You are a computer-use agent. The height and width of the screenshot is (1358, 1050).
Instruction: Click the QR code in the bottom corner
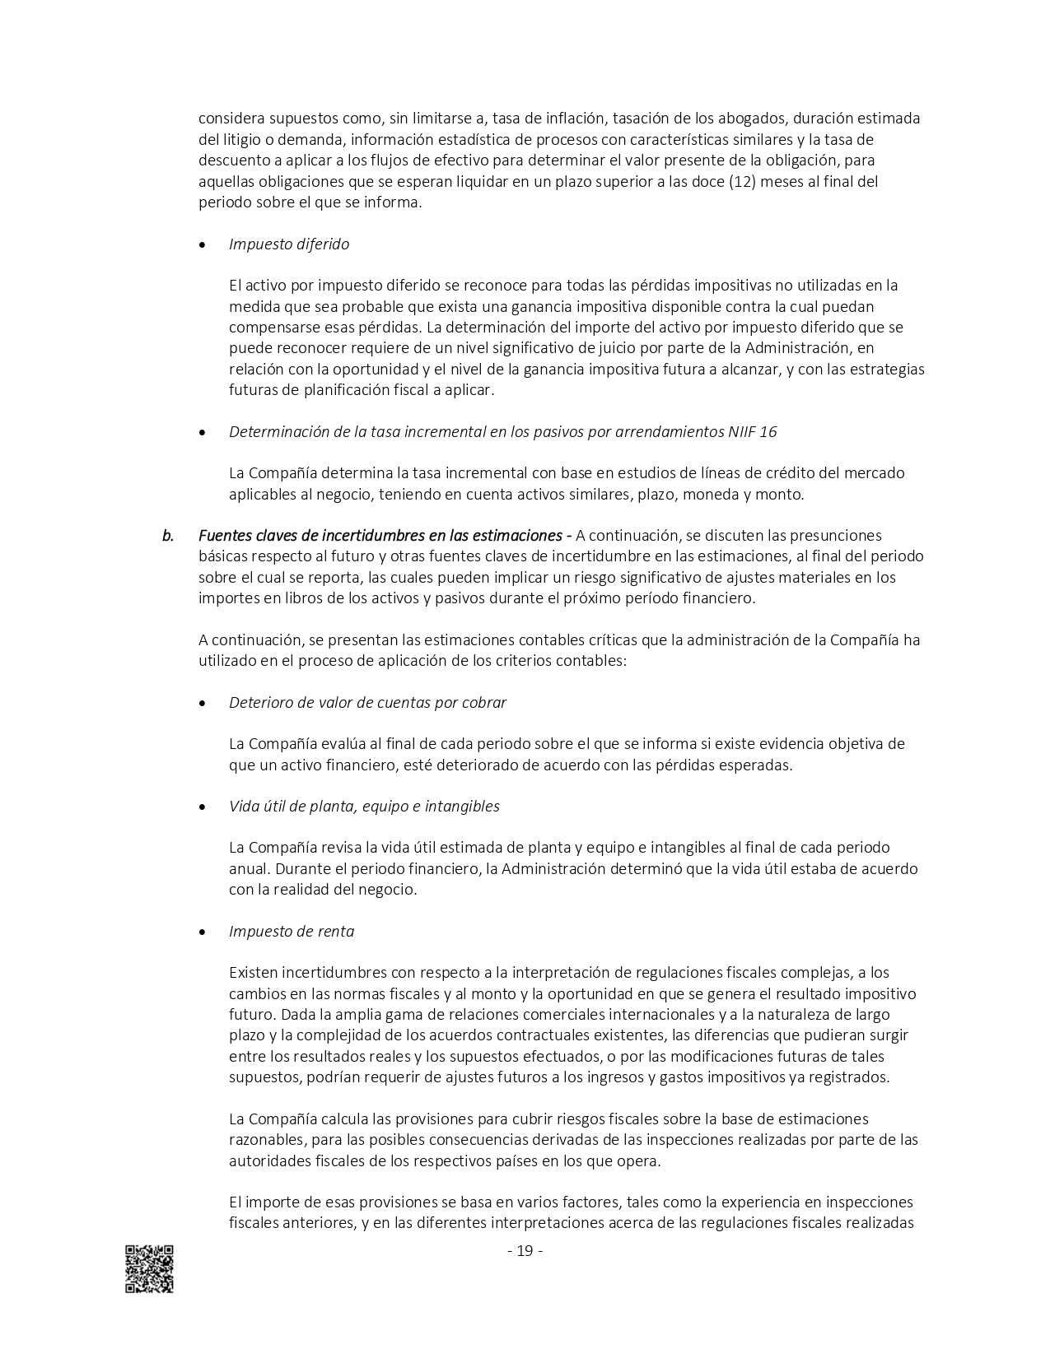tap(149, 1268)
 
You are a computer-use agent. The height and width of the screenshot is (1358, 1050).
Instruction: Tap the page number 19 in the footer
tap(525, 1251)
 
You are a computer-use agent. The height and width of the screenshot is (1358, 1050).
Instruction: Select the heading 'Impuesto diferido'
tap(289, 244)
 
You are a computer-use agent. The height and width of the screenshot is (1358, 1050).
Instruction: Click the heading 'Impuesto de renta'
tap(292, 931)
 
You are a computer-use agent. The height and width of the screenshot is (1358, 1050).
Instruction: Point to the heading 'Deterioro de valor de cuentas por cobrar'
tap(367, 702)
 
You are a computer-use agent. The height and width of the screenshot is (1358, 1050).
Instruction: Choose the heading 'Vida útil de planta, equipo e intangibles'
tap(364, 806)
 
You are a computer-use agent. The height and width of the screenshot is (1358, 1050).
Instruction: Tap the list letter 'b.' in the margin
tap(168, 535)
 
